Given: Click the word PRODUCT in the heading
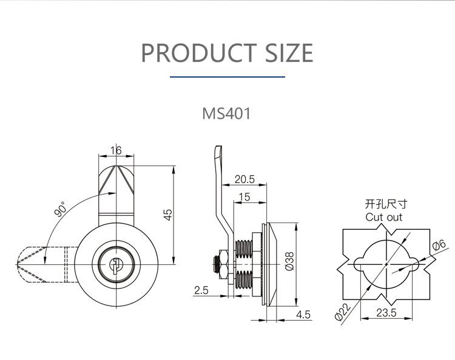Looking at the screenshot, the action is (200, 53).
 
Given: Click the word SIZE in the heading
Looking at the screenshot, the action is (289, 53).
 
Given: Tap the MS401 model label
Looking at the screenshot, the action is (226, 113).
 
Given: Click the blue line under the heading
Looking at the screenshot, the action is (227, 77).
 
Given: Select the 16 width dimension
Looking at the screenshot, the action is (116, 150).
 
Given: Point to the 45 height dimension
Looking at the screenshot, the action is (168, 215).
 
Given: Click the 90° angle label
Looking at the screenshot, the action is (61, 209).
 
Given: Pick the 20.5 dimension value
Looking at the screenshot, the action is (244, 179).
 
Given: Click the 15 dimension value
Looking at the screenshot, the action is (244, 197).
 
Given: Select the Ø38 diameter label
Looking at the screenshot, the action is (289, 261).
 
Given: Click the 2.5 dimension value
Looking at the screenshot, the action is (201, 290).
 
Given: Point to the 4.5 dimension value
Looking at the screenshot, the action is (303, 315).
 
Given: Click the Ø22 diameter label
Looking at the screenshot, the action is (343, 313).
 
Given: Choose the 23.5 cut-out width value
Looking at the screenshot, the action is (386, 313).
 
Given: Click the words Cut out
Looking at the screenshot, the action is (384, 217).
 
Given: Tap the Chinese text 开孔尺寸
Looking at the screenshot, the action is (386, 204).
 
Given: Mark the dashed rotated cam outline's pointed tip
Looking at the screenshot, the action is (16, 264).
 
